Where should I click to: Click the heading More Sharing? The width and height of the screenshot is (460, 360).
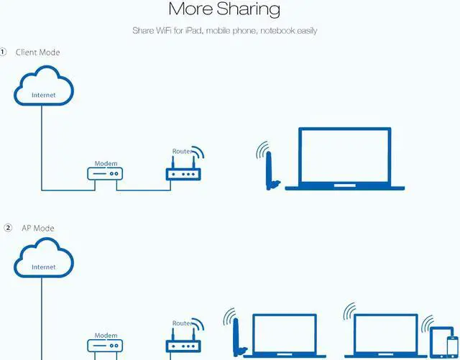224,9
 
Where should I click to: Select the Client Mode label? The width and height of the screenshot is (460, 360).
38,52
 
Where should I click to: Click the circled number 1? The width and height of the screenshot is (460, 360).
4,52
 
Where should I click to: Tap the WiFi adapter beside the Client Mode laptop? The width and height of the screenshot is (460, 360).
270,170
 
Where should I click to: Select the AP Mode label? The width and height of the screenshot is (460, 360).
37,229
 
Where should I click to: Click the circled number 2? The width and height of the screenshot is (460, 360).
8,229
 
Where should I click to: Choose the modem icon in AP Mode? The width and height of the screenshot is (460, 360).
106,346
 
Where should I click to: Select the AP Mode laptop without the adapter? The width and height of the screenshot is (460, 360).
385,334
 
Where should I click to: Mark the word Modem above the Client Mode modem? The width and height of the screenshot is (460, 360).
106,164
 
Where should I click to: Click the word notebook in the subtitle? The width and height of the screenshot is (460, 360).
277,31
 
